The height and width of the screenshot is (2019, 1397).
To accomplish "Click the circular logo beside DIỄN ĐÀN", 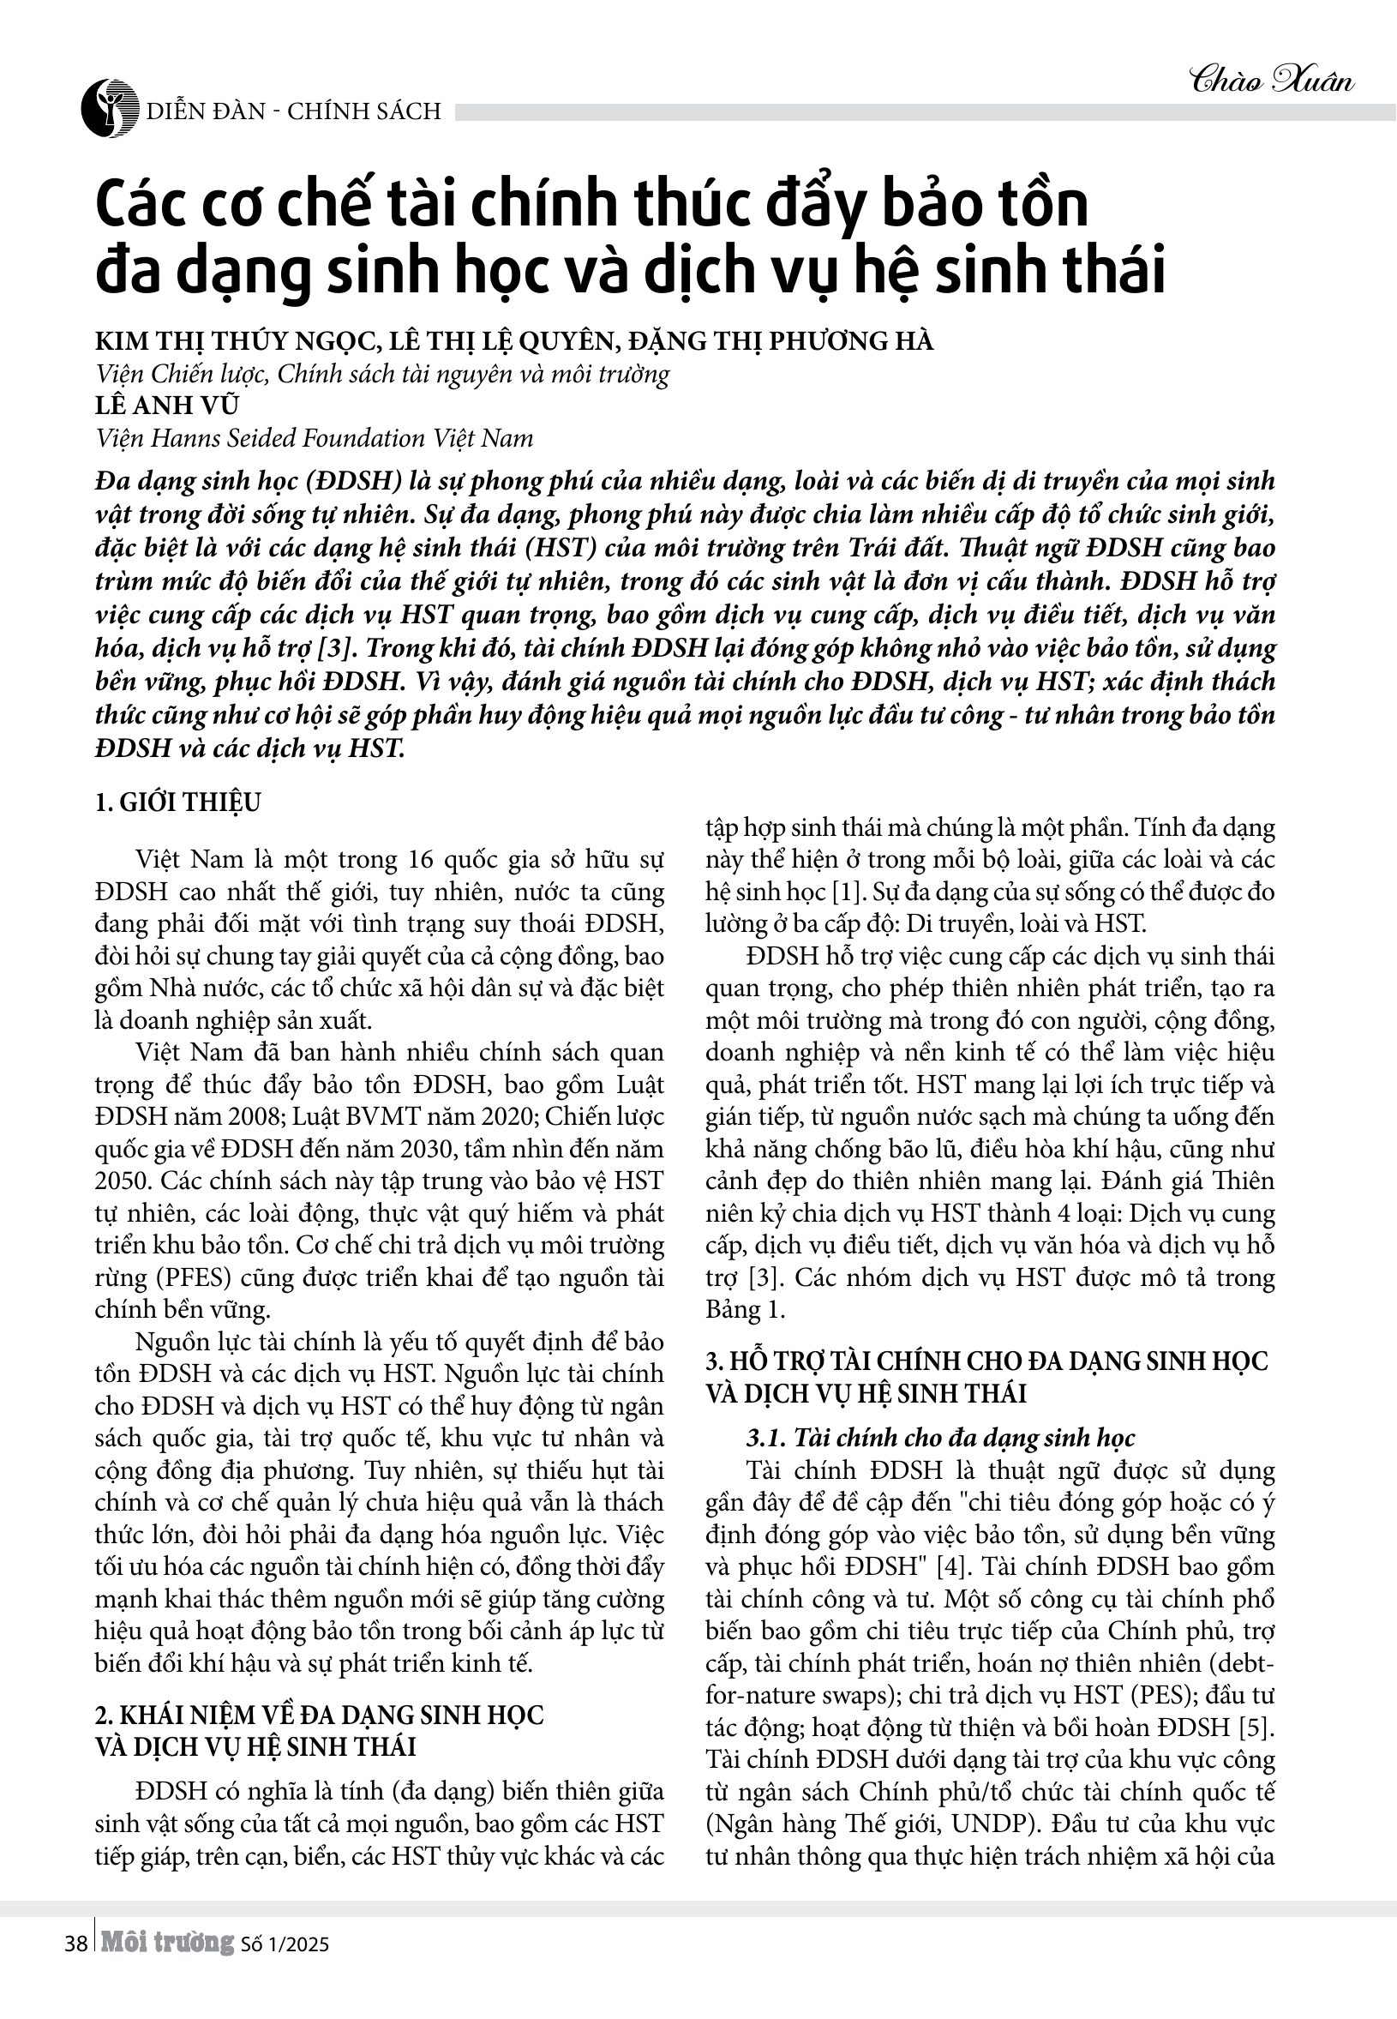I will tap(110, 110).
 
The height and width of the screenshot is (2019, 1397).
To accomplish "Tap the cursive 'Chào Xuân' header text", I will tap(1272, 81).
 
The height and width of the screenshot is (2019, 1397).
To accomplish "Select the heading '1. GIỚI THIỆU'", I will tap(177, 802).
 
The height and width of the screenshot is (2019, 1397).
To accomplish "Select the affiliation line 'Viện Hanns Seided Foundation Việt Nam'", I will tap(315, 438).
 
